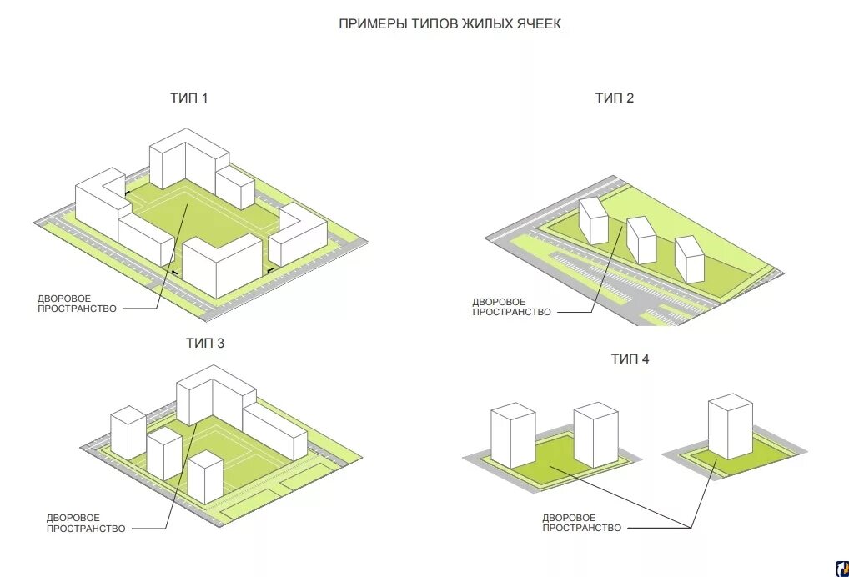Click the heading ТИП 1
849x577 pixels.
189,98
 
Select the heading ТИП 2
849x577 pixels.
615,98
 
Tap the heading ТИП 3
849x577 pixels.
205,343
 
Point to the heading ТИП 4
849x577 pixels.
630,359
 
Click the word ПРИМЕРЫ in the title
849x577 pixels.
372,24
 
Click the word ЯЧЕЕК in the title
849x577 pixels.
537,24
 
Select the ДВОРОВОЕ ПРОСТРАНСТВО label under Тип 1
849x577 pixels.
77,303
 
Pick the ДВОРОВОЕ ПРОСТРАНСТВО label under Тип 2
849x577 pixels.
511,307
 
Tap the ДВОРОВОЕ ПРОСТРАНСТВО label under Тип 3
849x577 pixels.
85,523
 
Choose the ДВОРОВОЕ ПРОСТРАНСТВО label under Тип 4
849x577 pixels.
581,523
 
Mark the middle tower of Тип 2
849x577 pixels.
641,239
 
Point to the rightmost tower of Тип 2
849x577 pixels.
691,258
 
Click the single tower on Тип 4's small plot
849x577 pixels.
730,425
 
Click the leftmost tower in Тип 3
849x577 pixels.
128,431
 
